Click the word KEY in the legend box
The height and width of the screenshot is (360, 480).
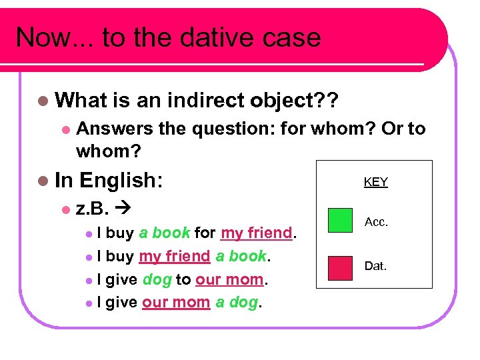375,182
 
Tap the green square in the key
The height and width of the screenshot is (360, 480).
341,220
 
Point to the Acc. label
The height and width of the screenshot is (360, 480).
376,222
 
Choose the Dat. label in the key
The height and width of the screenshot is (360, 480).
375,266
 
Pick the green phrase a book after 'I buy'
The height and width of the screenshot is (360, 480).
165,233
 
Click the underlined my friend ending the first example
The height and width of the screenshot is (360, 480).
257,233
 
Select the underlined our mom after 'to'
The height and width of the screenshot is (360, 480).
229,280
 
